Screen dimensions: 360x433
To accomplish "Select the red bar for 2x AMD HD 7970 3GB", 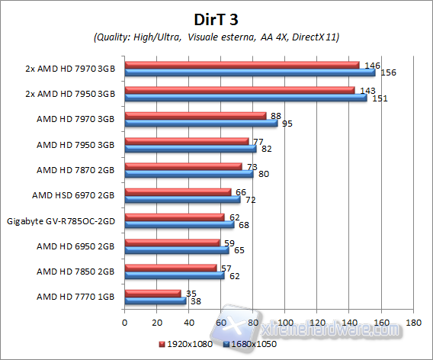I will (241, 66).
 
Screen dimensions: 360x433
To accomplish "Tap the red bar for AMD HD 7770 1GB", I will (152, 293).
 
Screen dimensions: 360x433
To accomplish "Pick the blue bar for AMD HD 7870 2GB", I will (188, 173).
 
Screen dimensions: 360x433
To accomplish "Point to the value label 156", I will (387, 73).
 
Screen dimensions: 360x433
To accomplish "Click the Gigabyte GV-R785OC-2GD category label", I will (60, 220).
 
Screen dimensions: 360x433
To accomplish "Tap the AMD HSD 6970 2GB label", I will (73, 195).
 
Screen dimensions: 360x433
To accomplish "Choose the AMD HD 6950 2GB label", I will (75, 246).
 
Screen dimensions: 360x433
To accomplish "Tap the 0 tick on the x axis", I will (124, 323).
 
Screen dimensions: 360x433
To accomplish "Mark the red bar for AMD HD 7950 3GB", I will (186, 141).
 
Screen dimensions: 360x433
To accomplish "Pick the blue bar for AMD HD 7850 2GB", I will (174, 275).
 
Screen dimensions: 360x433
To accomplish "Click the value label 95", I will (287, 123).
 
